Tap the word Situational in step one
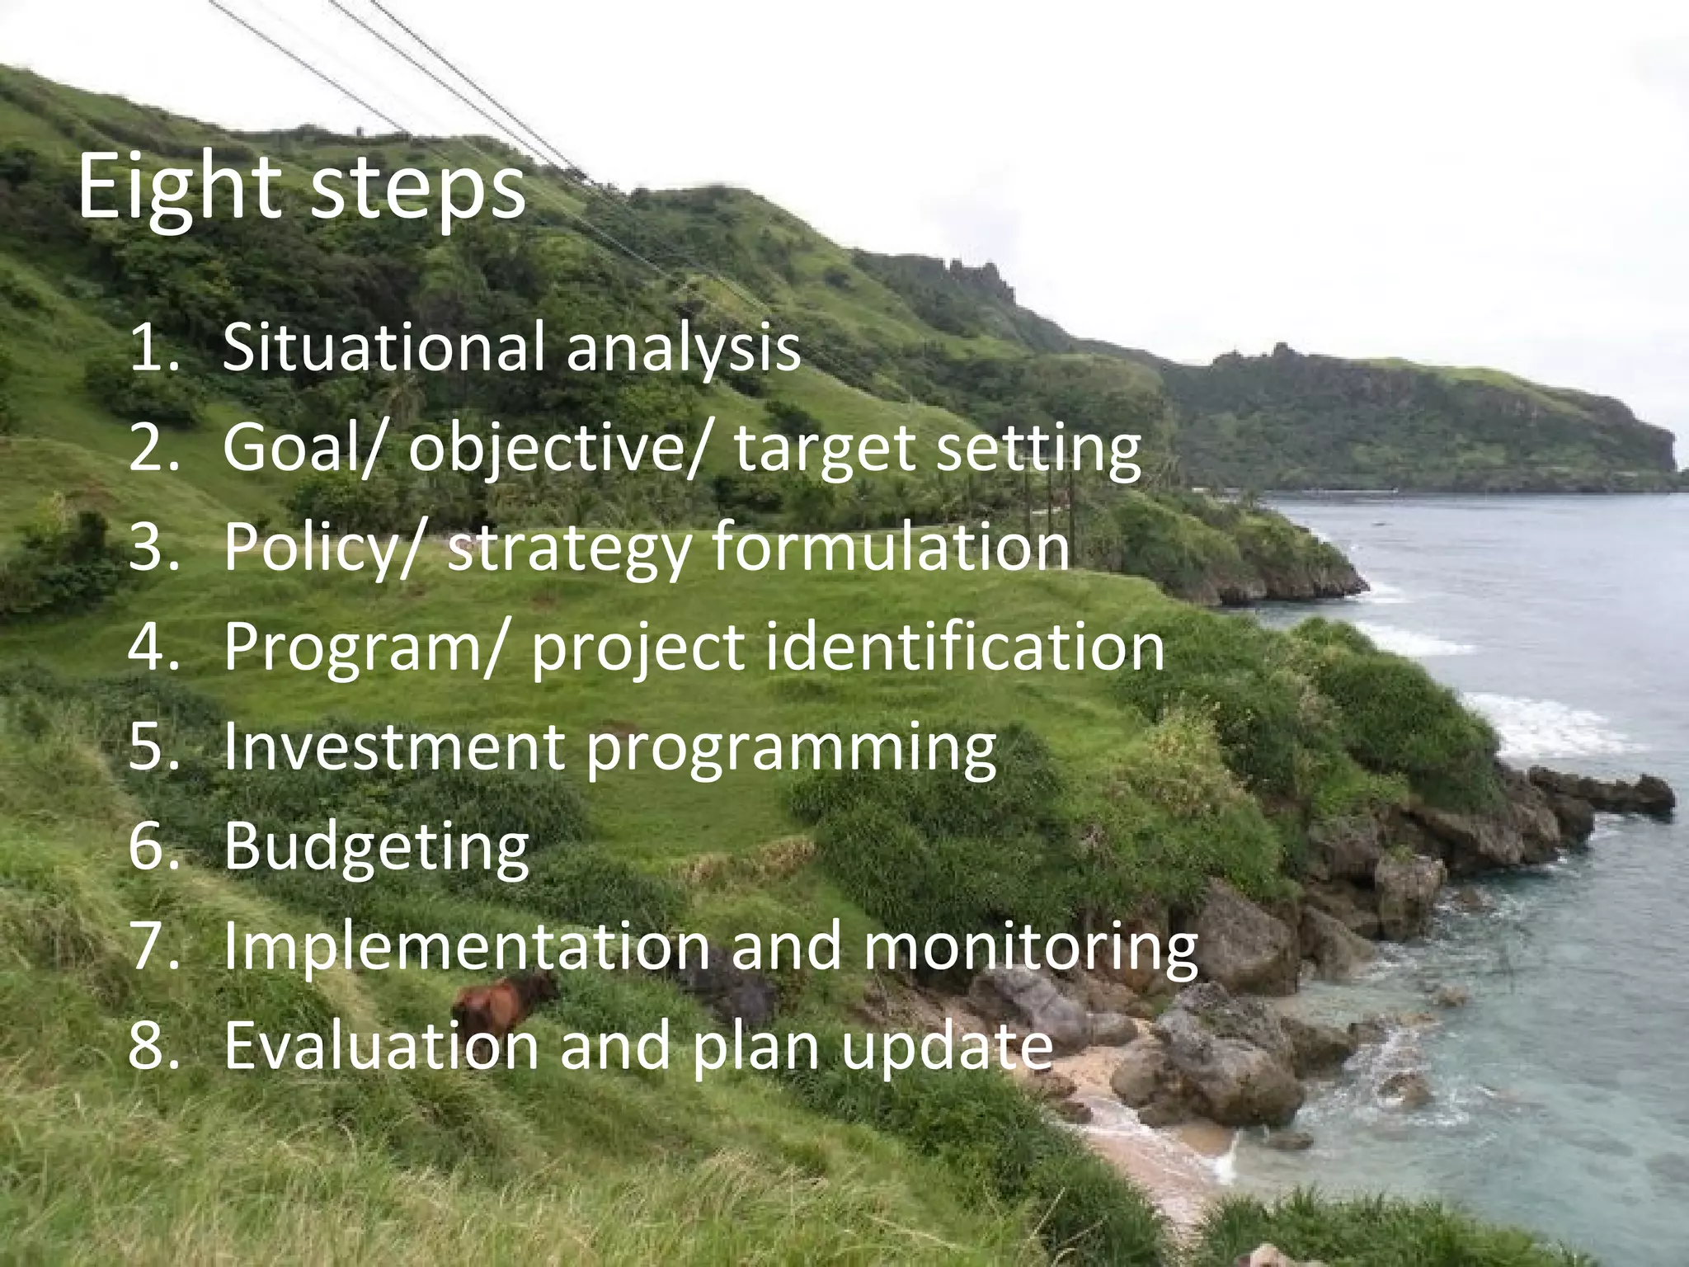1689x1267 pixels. tap(383, 346)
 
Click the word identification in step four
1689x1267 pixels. tap(966, 646)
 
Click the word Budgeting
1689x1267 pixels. tap(376, 847)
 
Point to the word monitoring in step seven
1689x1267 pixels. tap(1030, 948)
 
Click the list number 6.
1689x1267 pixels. tap(152, 846)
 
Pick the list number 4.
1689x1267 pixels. tap(152, 647)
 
